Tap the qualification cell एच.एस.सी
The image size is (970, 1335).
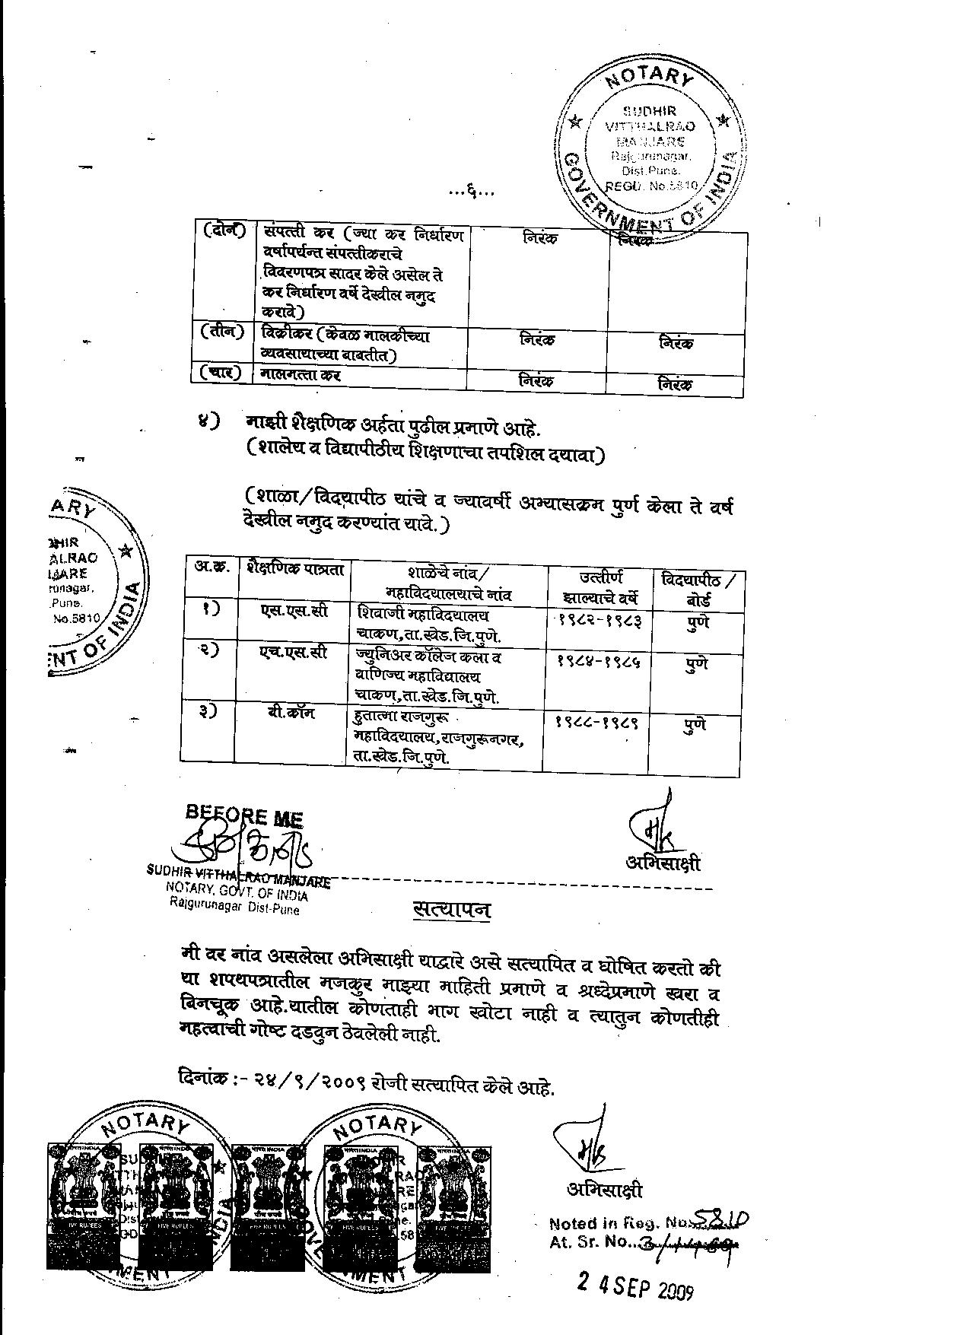coord(294,653)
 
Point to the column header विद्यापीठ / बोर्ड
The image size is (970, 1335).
coord(698,589)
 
